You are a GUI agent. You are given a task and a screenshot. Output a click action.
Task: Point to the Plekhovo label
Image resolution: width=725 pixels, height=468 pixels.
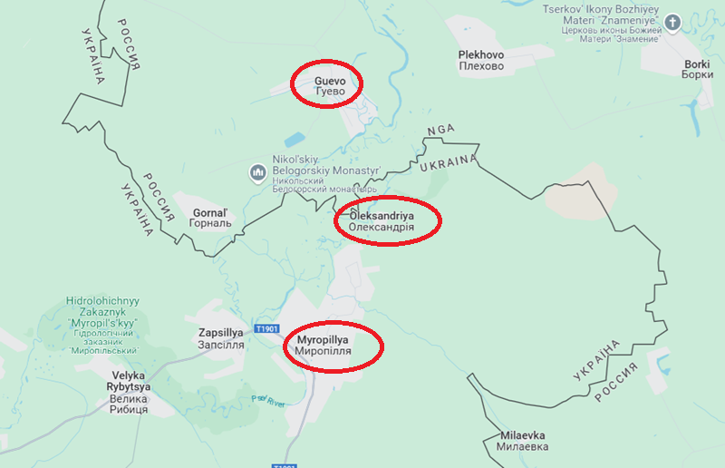(x=481, y=61)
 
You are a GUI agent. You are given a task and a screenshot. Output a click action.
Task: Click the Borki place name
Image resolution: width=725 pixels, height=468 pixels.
(x=698, y=70)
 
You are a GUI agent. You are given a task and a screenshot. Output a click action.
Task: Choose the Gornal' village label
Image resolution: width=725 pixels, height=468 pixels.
(x=212, y=219)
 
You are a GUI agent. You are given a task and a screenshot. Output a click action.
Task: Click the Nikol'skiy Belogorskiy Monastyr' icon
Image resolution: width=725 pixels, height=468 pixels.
(x=257, y=171)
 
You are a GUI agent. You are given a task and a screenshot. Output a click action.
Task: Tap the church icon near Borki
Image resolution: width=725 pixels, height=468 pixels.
(x=672, y=21)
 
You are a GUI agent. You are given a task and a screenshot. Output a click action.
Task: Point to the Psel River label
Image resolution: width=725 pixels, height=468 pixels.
(x=268, y=401)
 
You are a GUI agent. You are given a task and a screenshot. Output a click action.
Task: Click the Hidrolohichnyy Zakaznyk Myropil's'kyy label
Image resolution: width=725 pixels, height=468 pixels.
(x=101, y=325)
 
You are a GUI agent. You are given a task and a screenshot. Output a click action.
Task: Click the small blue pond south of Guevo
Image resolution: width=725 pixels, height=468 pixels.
(x=295, y=141)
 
